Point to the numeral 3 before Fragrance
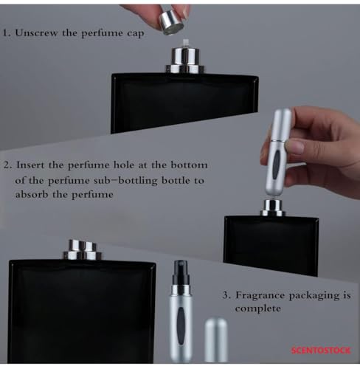click(x=226, y=295)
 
